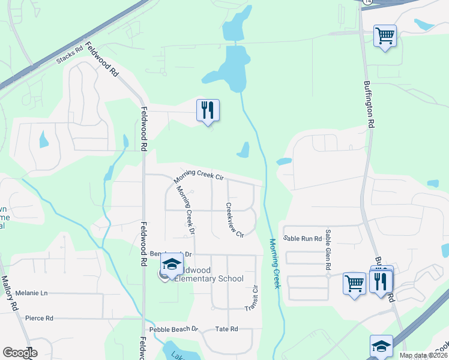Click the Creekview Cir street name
tap(235, 219)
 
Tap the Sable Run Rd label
tap(303, 238)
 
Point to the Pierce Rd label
tap(39, 318)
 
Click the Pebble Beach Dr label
tap(173, 329)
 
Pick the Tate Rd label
tap(227, 329)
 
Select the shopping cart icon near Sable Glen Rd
tap(354, 282)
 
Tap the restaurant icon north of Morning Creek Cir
tap(208, 110)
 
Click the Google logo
tap(20, 353)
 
